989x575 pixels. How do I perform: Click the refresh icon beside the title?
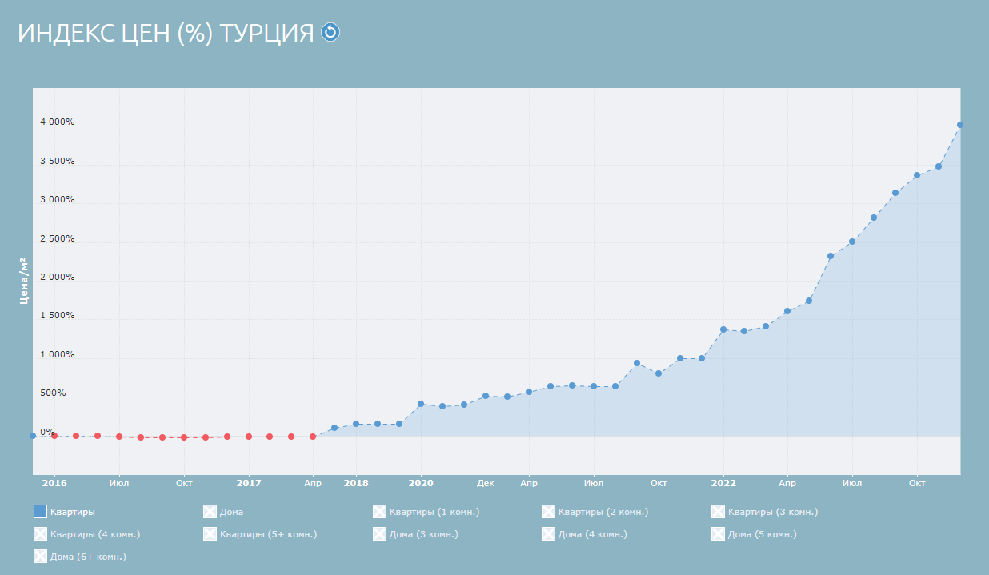pos(330,32)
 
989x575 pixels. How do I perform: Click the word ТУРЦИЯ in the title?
pos(266,33)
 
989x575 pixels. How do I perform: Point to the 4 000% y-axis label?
pos(58,122)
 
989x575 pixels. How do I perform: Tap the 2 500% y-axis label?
pos(58,238)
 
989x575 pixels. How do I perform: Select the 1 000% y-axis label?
pos(58,354)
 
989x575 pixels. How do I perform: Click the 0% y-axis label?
pos(47,432)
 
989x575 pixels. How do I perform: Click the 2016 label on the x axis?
pos(54,483)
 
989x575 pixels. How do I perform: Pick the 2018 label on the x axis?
pos(356,483)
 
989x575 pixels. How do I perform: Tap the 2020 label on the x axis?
pos(421,483)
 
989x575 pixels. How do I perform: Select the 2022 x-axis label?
pos(723,483)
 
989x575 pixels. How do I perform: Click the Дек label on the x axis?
pos(486,483)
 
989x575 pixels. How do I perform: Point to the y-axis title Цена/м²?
pos(23,281)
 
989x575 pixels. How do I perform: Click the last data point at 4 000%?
pos(960,125)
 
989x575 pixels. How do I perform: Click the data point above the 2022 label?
pos(723,329)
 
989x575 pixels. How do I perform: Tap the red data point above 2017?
pos(249,437)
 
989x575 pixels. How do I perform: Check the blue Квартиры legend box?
pos(41,512)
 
